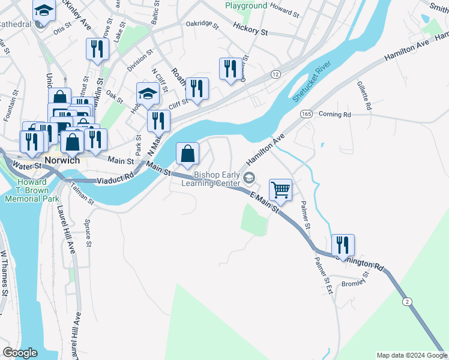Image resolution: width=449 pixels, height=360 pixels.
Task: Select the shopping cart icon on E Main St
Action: (280, 190)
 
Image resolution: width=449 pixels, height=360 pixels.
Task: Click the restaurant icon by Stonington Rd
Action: (343, 245)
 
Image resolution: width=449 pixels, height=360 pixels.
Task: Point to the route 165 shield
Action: (307, 113)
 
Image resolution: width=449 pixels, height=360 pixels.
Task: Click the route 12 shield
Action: (276, 74)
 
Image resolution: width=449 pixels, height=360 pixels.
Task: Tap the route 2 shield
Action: (408, 301)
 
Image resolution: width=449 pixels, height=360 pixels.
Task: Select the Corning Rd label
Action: (334, 114)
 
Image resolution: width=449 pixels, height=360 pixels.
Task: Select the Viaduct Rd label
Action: (116, 178)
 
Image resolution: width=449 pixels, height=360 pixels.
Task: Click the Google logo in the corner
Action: (20, 353)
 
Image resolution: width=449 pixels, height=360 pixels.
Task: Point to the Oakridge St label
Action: (200, 23)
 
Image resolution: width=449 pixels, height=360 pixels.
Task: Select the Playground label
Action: (246, 5)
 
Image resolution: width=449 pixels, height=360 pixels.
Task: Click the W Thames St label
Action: (4, 273)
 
